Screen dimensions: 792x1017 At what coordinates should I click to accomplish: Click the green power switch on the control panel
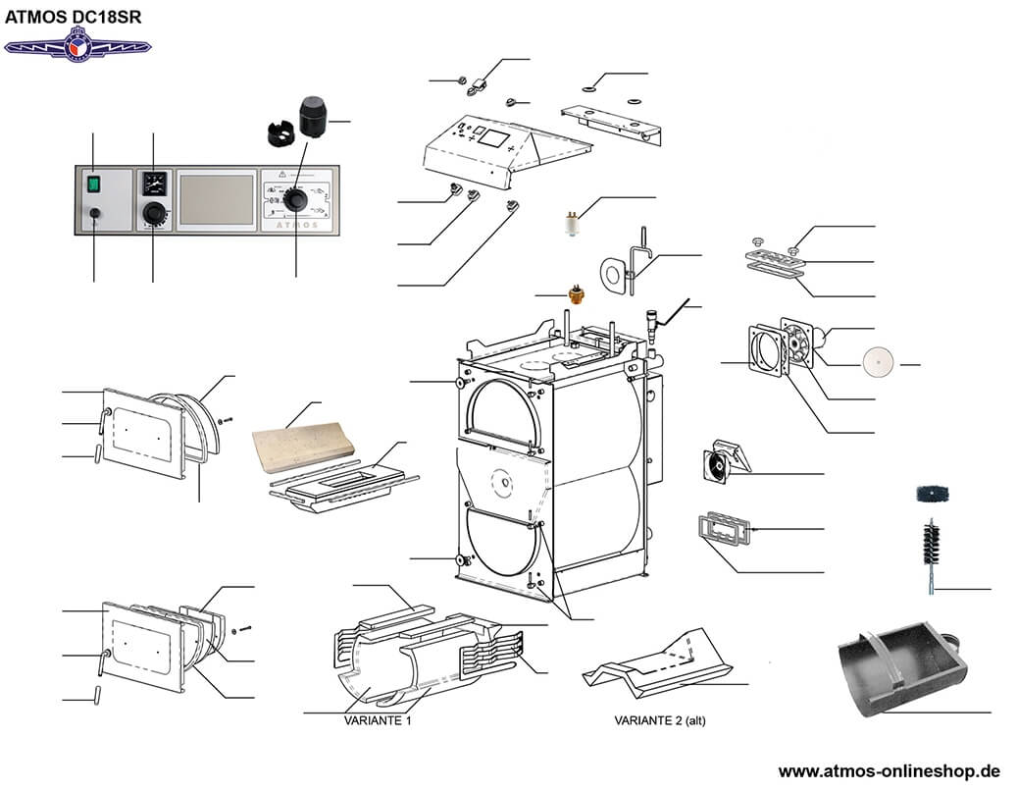93,182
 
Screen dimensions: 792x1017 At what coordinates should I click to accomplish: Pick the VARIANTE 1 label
377,720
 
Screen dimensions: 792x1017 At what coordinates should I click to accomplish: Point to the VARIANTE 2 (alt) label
659,720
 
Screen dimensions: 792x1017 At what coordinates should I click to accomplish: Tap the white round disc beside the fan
878,363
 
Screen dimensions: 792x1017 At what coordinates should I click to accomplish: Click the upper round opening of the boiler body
504,412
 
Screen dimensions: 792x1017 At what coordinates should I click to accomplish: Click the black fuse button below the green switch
93,213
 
